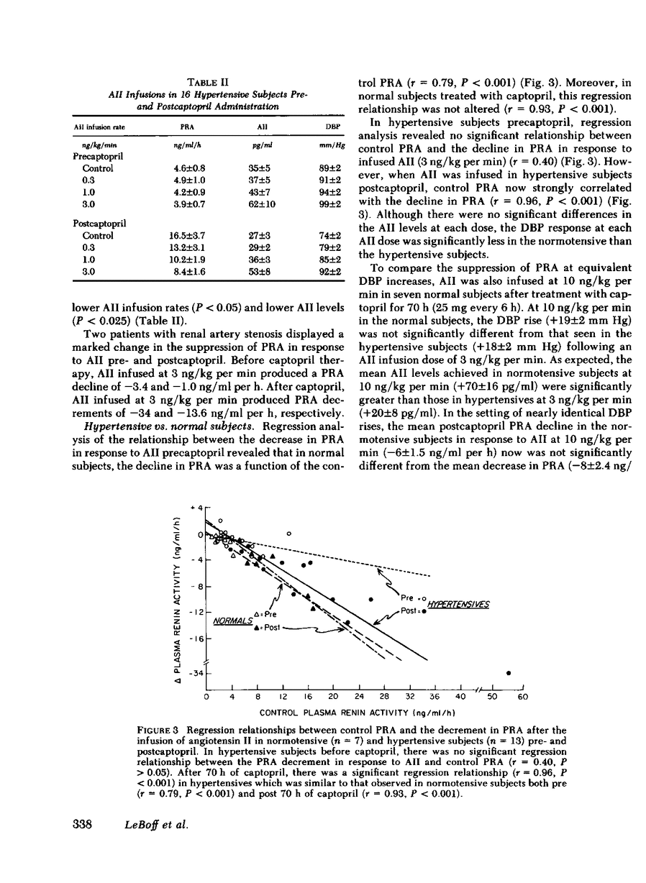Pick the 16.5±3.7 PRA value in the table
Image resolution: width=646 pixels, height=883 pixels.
click(191, 236)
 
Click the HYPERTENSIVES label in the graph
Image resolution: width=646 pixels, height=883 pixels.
click(458, 605)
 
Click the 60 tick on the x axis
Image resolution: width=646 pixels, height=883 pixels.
click(523, 697)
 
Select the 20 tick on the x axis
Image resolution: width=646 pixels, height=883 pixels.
click(333, 697)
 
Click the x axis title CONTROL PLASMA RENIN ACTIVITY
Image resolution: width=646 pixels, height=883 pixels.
click(358, 713)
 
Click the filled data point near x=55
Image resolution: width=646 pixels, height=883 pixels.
click(509, 673)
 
